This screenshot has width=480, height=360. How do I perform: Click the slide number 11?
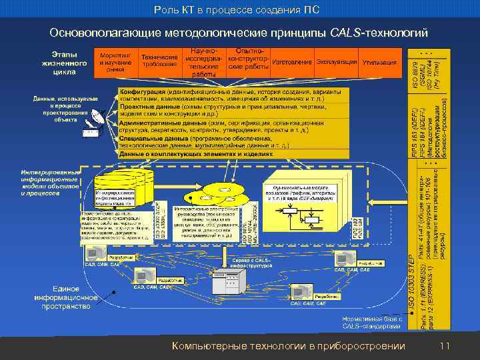pos(445,345)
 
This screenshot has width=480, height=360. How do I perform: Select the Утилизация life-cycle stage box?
pos(380,63)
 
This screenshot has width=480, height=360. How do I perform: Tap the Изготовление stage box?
pos(292,63)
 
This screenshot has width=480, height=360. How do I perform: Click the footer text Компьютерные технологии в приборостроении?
pos(288,345)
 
